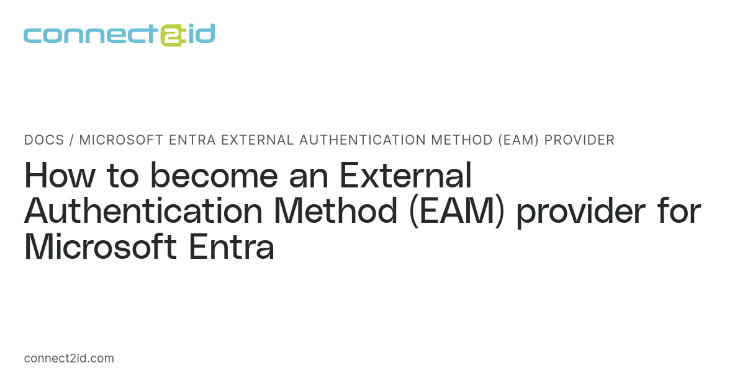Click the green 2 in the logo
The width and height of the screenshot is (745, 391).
pyautogui.click(x=171, y=35)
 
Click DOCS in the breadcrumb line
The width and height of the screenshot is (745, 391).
pyautogui.click(x=44, y=140)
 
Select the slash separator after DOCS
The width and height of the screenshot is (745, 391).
pyautogui.click(x=72, y=140)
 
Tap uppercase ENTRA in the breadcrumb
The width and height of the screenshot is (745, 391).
pyautogui.click(x=195, y=140)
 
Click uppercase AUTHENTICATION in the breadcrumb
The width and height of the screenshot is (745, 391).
pyautogui.click(x=358, y=140)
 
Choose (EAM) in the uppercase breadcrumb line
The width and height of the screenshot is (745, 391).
pyautogui.click(x=517, y=140)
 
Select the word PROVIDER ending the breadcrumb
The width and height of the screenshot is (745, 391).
pyautogui.click(x=579, y=140)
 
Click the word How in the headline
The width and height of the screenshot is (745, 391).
pyautogui.click(x=60, y=176)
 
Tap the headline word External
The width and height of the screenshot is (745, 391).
pyautogui.click(x=405, y=176)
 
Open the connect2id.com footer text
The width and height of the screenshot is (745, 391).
pyautogui.click(x=69, y=359)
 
